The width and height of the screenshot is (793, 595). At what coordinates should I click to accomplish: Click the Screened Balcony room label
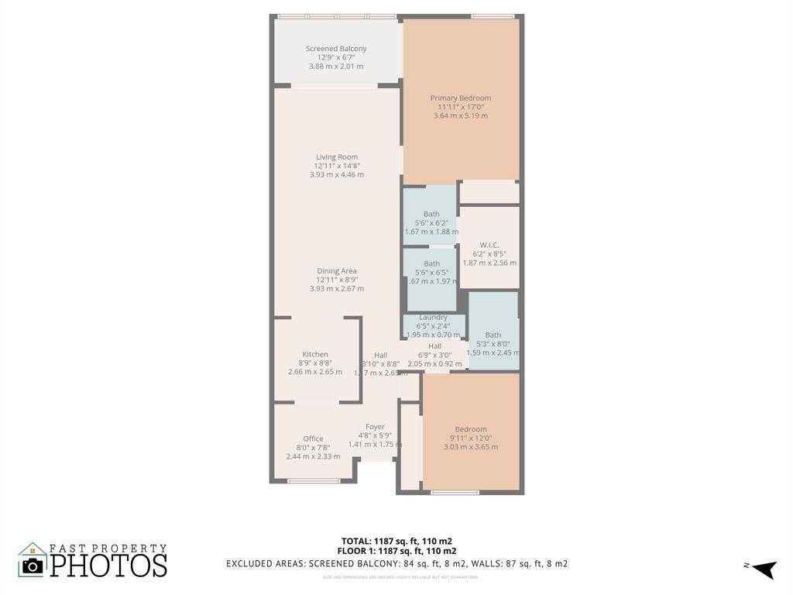336,49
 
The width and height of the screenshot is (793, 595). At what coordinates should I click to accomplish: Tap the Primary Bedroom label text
461,98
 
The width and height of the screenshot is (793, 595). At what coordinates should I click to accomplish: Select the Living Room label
337,157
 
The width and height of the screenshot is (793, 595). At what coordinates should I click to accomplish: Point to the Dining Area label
337,271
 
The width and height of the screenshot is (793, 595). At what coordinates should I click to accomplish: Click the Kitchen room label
315,355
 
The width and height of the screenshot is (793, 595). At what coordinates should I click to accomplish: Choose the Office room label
313,439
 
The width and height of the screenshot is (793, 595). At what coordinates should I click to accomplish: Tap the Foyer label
375,427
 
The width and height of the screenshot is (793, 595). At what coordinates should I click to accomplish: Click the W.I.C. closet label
489,246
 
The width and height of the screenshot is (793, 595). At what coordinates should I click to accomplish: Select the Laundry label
433,318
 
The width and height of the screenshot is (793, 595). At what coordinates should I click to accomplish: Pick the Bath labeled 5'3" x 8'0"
493,335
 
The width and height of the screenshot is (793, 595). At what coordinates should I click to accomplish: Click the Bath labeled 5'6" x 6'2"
431,215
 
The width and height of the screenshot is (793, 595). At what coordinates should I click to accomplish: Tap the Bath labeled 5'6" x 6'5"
431,264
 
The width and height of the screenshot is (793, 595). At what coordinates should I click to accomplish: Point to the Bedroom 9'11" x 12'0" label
471,430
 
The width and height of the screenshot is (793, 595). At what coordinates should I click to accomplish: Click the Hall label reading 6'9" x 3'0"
434,346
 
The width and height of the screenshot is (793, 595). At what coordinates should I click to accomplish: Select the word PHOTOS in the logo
108,565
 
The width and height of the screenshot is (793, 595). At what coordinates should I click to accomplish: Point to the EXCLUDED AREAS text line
396,563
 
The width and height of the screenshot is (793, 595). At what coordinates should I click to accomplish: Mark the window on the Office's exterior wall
313,481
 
